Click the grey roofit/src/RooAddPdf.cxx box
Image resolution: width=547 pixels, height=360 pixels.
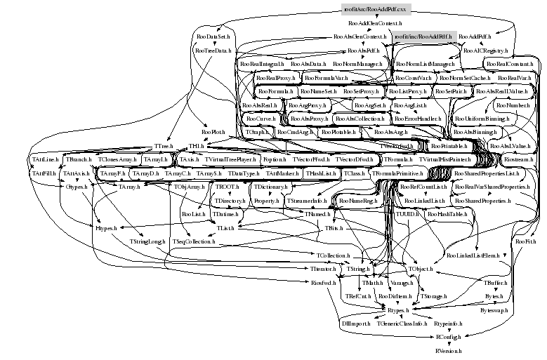376,10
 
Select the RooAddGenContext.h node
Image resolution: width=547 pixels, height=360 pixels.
376,23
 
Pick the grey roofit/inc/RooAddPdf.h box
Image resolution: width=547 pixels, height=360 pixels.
424,36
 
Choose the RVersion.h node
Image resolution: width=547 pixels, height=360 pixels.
449,349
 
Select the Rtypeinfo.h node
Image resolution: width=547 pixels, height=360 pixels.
448,323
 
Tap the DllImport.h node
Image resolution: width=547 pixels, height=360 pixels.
355,323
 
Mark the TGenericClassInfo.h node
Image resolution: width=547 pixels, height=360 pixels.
402,323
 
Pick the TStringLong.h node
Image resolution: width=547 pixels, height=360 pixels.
147,241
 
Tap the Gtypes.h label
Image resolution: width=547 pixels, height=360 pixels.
76,187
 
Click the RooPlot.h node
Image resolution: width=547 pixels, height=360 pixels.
213,131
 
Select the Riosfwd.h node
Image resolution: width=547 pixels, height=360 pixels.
325,283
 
